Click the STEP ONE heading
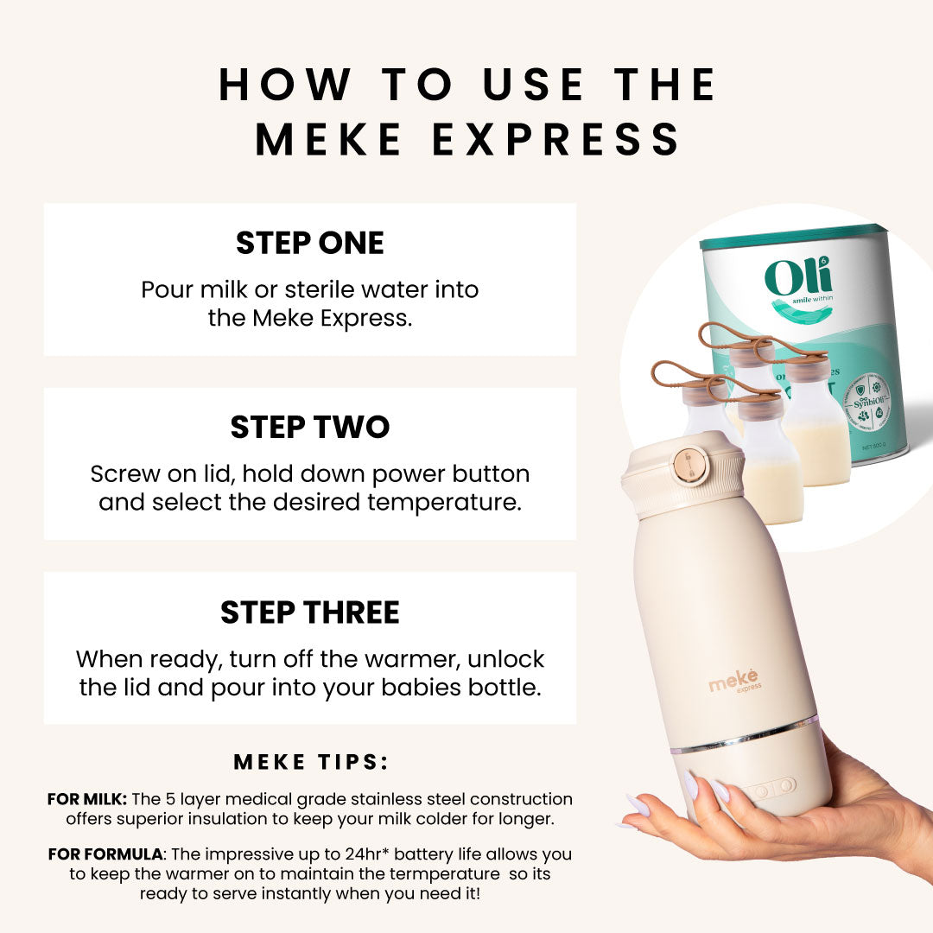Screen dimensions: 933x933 [x=309, y=243]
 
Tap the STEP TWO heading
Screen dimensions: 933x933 [x=309, y=427]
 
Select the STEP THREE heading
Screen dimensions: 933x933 [x=309, y=612]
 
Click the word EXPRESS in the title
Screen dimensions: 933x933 [x=556, y=140]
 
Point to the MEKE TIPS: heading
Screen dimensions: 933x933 [x=311, y=762]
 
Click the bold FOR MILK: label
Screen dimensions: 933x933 [x=87, y=799]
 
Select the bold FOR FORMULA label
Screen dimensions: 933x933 [x=105, y=854]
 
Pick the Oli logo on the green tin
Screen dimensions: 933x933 [x=798, y=278]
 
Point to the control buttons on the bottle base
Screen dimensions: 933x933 [x=773, y=788]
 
